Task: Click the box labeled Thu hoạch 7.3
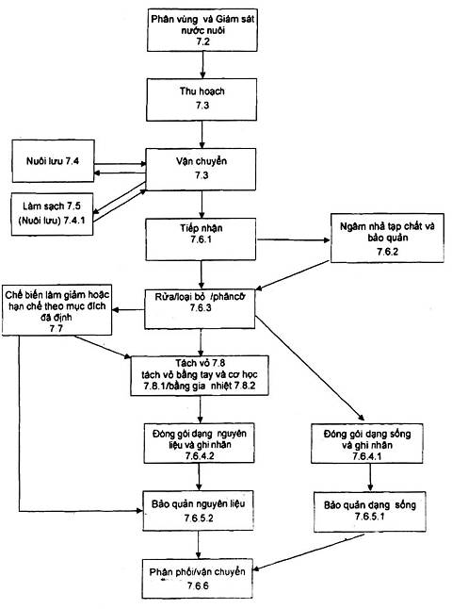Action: tap(202, 99)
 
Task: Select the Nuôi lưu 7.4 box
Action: tap(53, 161)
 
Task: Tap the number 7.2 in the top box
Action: tap(202, 41)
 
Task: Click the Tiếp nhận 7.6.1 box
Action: tap(201, 239)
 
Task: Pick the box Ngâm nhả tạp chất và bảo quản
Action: tap(387, 239)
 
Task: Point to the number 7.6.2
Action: tap(387, 252)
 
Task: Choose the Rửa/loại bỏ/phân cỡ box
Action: tap(201, 309)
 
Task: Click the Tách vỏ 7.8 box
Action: tap(200, 375)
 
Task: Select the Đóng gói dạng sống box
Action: tap(367, 443)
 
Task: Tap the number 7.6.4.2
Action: tap(200, 456)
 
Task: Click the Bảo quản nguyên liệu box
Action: tap(199, 511)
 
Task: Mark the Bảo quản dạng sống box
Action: tap(370, 512)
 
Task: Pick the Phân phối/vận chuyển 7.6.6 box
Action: tap(198, 579)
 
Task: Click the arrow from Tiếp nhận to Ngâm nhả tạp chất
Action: tap(293, 240)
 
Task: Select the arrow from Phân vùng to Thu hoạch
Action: tap(202, 65)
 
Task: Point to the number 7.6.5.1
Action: tap(370, 517)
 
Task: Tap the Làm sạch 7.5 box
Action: tap(53, 214)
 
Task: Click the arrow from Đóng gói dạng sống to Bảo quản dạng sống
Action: tap(370, 478)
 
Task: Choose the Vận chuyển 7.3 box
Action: tap(201, 170)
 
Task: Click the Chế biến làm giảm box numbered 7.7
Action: tap(57, 310)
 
